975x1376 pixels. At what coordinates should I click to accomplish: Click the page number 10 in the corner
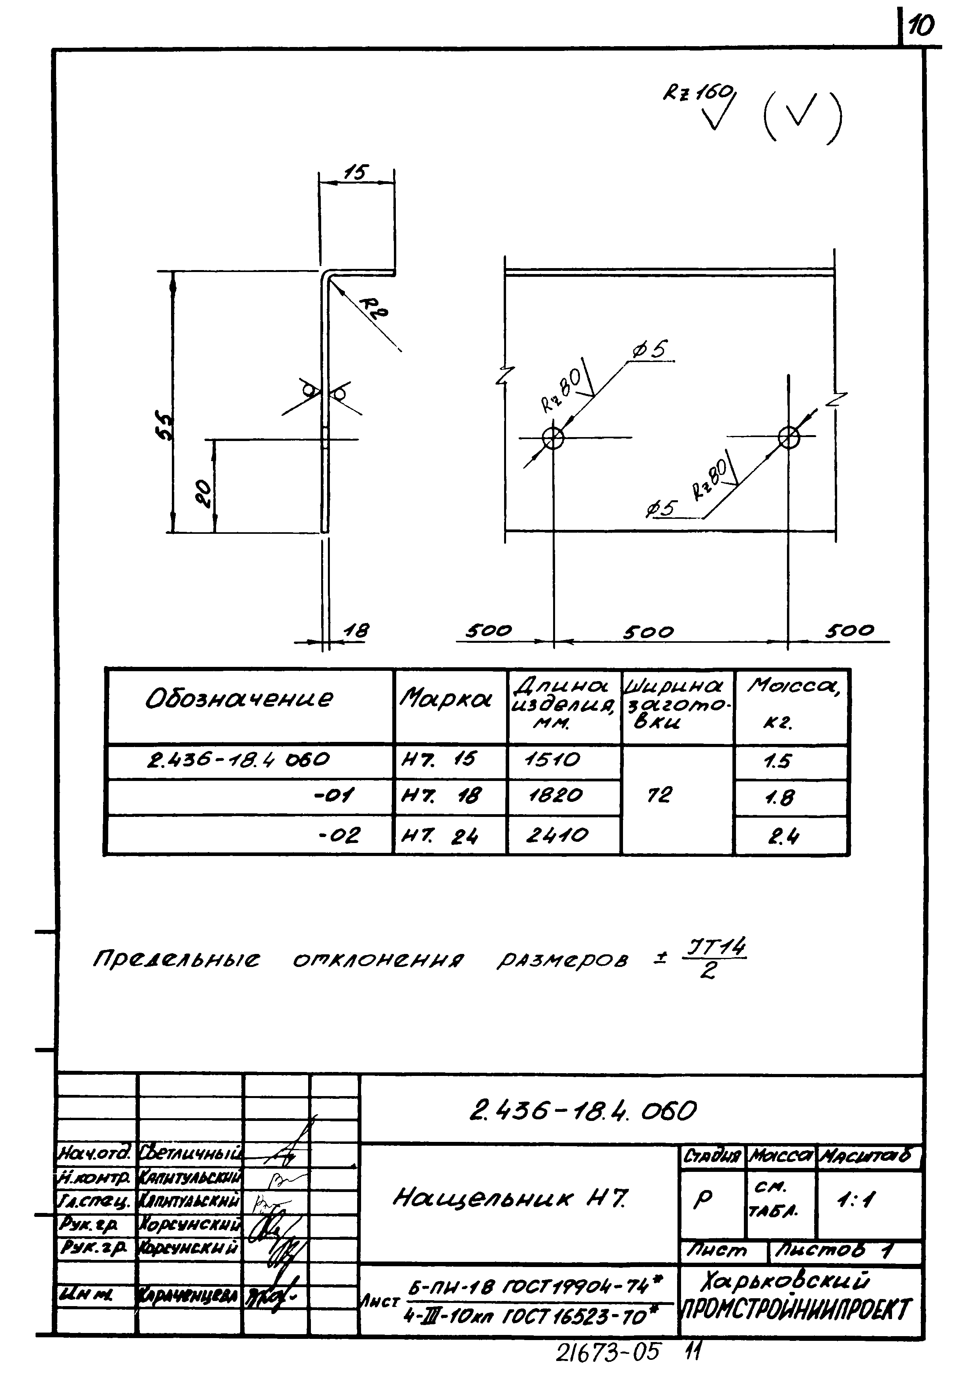coord(920,26)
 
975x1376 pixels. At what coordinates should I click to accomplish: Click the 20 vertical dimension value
coord(205,493)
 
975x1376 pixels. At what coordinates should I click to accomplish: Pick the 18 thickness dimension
coord(356,631)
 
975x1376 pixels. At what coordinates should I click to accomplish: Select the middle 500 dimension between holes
coord(648,632)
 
